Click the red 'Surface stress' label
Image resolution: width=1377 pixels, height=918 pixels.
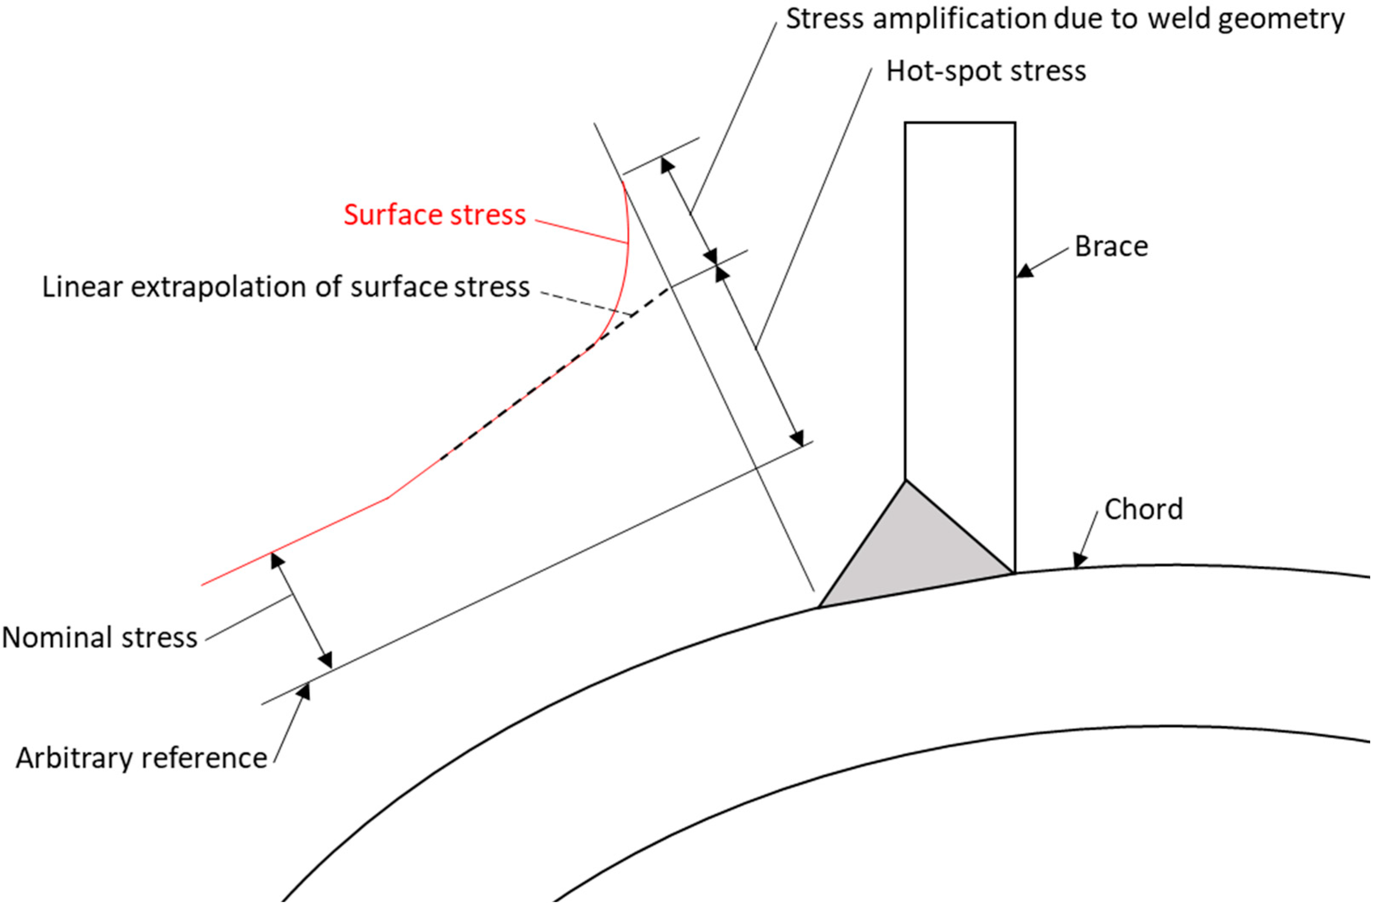click(x=434, y=215)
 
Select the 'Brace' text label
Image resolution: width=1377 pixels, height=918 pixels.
click(x=1111, y=246)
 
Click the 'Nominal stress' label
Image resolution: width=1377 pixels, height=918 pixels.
click(x=99, y=637)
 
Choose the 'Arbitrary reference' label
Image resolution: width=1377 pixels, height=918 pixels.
click(x=141, y=758)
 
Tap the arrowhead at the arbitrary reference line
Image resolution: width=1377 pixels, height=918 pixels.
click(x=303, y=692)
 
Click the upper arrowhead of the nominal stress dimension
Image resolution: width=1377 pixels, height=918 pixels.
click(x=277, y=561)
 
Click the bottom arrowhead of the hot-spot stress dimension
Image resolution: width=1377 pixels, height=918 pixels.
click(x=796, y=438)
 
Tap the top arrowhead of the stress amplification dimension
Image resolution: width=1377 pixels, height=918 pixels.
click(x=667, y=165)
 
